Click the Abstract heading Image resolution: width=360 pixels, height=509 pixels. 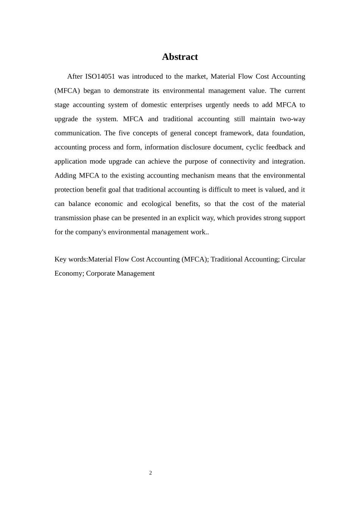[180, 57]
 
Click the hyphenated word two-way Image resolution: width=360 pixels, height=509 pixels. [292, 119]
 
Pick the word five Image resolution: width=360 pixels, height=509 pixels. [124, 133]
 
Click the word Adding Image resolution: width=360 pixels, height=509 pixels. [65, 175]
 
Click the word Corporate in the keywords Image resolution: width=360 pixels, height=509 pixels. [100, 273]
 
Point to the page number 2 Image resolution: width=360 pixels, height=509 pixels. [150, 473]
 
